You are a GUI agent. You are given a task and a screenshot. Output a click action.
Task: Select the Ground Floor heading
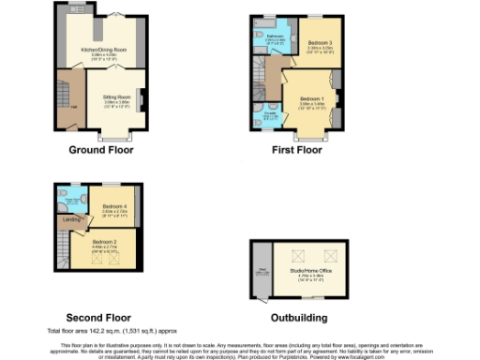pyautogui.click(x=97, y=149)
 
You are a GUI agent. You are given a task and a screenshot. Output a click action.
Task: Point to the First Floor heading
pyautogui.click(x=296, y=149)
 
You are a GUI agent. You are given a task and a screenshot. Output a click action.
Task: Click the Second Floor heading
pyautogui.click(x=97, y=317)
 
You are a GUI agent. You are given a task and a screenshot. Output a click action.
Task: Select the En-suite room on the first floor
pyautogui.click(x=269, y=117)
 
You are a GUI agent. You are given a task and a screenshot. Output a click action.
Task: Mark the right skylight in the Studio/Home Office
pyautogui.click(x=330, y=255)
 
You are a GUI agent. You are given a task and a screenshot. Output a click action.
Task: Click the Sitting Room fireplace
pyautogui.click(x=142, y=97)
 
